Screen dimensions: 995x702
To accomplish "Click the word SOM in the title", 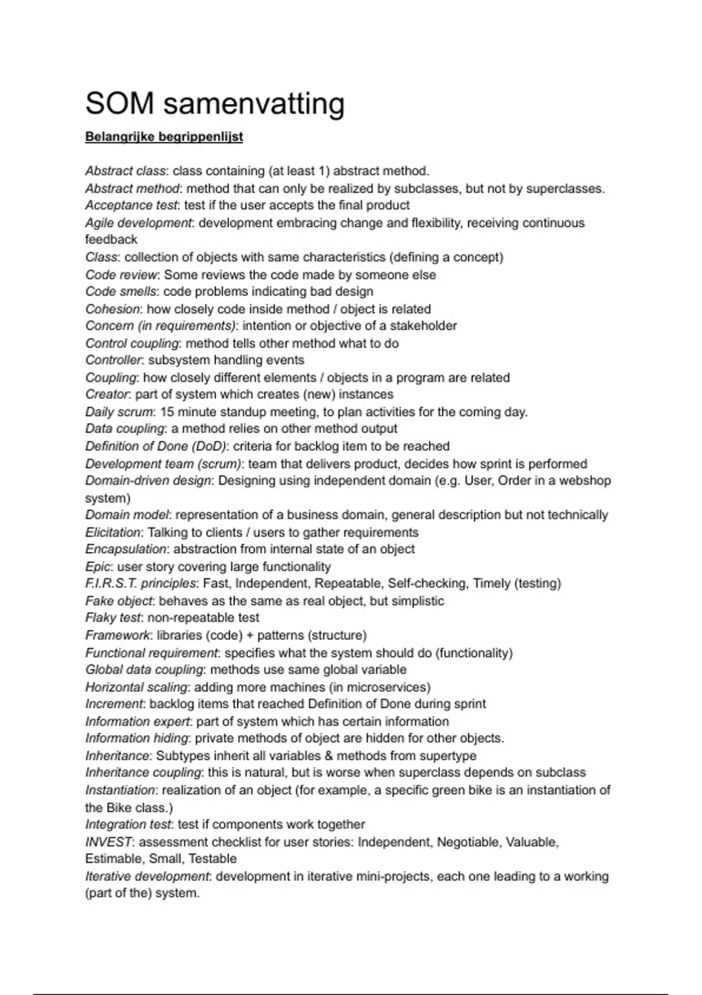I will [x=120, y=104].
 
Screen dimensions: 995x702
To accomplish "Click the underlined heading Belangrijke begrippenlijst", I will [x=164, y=137].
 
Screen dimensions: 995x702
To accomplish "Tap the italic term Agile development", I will [x=138, y=223].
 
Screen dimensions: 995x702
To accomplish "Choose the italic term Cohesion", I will [x=113, y=309].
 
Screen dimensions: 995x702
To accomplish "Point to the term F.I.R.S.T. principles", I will [x=141, y=584].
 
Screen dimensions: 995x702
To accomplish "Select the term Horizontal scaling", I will [x=136, y=687].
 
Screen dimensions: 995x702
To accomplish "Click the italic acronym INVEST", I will [x=109, y=842].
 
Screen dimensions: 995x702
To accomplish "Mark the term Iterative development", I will [x=147, y=877].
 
